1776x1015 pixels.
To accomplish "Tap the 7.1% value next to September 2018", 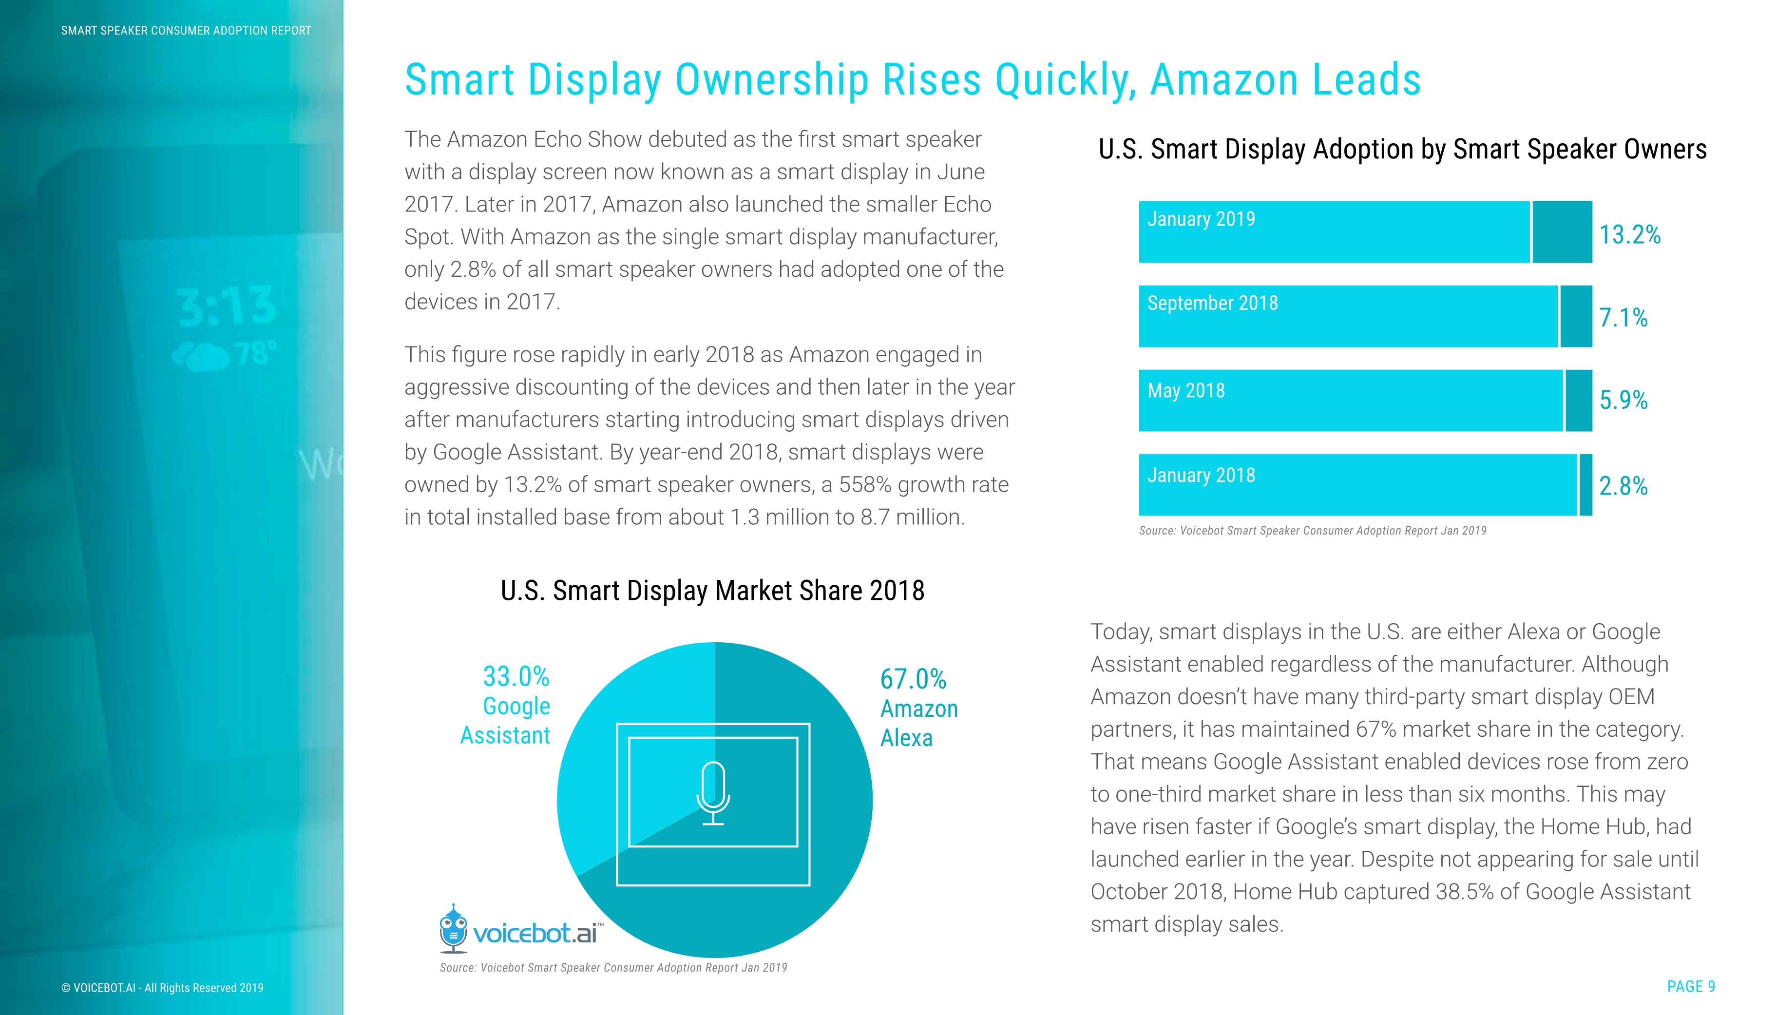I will click(1623, 318).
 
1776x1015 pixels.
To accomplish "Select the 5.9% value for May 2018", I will click(1623, 400).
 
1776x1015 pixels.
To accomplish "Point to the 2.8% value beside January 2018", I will click(1623, 486).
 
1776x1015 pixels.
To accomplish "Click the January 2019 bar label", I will click(1201, 220).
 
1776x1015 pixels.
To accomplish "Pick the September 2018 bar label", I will click(1212, 303).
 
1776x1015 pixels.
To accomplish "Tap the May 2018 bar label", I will click(1185, 390).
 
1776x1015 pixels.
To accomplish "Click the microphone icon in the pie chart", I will click(713, 793).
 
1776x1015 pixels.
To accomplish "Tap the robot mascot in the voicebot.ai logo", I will click(453, 929).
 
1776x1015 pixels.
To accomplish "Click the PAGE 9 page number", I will click(1690, 986).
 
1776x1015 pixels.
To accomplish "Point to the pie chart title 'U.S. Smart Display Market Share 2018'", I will click(712, 591).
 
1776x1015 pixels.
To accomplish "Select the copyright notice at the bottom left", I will click(162, 988).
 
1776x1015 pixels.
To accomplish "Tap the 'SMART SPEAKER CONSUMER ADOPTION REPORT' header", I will click(186, 31).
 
